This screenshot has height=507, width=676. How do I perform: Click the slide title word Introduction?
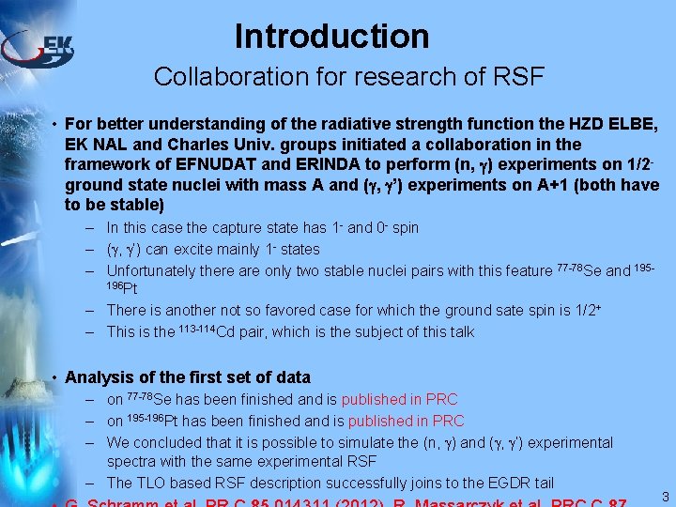click(331, 37)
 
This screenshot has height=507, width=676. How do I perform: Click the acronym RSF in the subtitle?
click(516, 77)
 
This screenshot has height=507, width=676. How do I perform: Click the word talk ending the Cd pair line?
click(460, 331)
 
